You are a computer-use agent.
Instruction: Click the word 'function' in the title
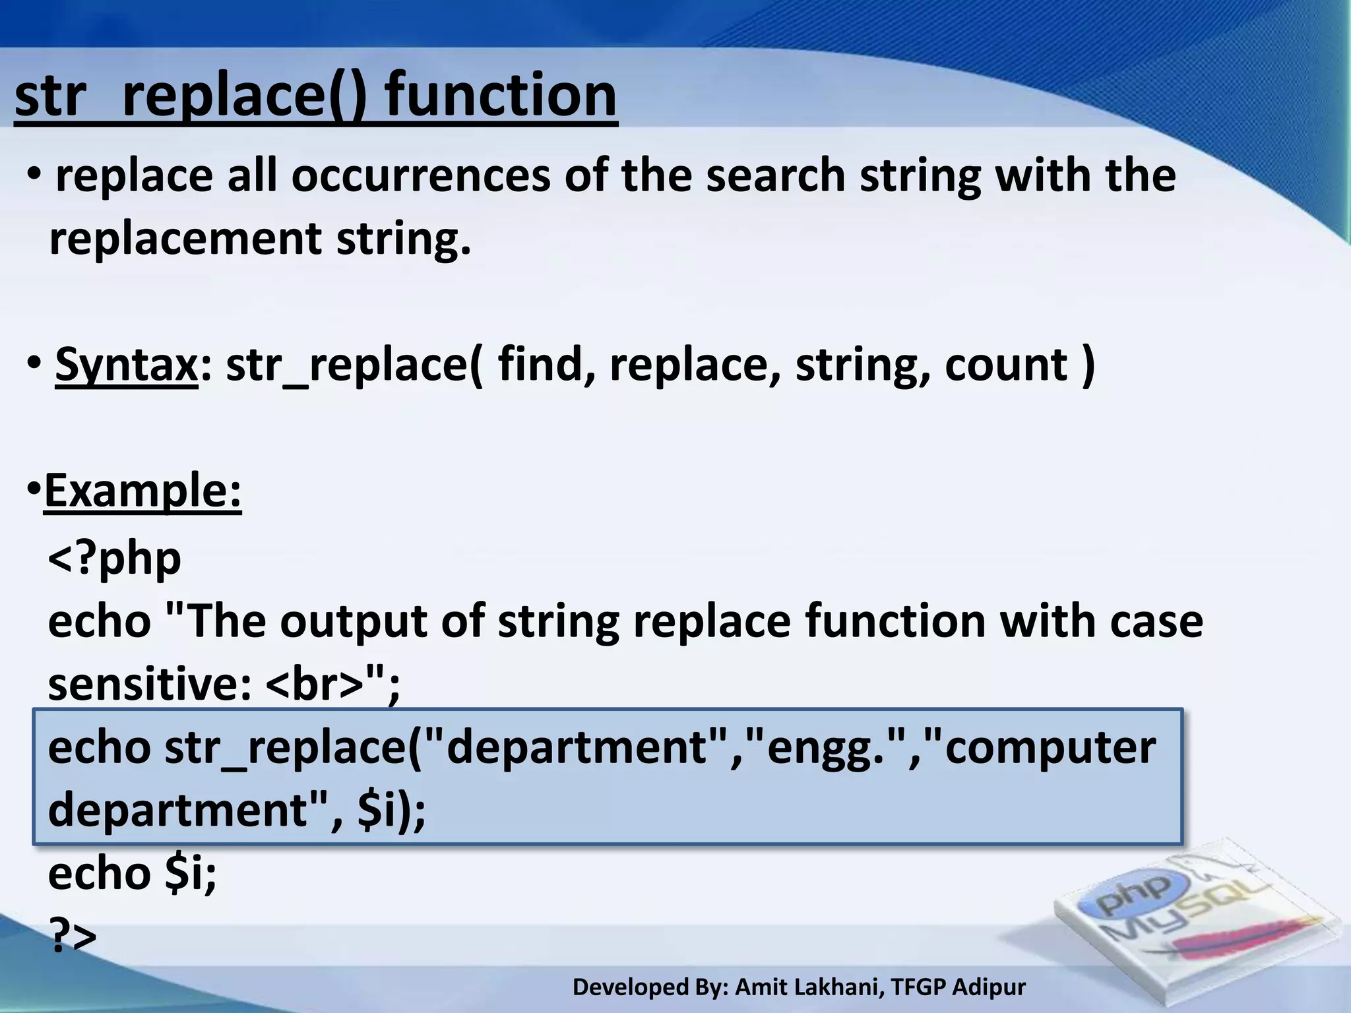click(x=501, y=96)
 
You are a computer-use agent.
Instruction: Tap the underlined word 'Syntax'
click(x=126, y=365)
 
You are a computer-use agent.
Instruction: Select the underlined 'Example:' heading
click(x=142, y=491)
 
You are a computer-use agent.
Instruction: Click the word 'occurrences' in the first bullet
click(x=421, y=177)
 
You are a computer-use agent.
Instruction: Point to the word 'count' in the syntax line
click(x=1006, y=365)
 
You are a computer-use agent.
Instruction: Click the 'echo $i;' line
click(x=132, y=874)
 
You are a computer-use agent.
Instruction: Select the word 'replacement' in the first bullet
click(x=185, y=239)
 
